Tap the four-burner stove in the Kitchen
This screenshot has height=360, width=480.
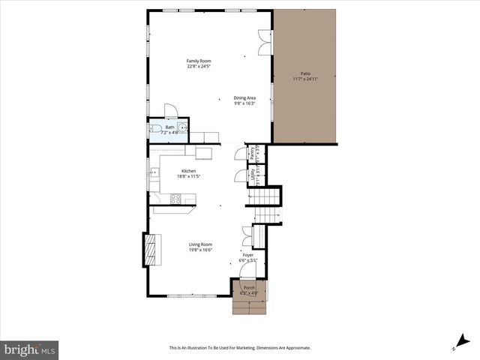point(175,199)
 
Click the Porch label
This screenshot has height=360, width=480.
point(249,288)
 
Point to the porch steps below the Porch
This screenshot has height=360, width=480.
point(248,307)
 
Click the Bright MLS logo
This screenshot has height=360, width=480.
point(29,349)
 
